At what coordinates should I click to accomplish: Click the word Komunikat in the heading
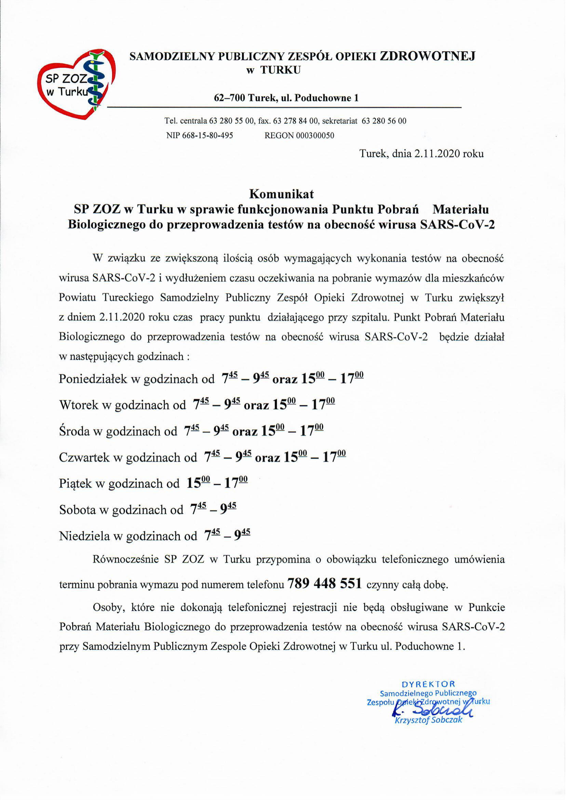282,194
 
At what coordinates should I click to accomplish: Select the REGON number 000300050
315,136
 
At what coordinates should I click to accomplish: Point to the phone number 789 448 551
324,583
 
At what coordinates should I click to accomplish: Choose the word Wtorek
79,405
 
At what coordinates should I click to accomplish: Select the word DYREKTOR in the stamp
428,684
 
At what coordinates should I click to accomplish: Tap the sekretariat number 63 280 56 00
384,121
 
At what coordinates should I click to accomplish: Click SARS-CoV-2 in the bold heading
457,225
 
